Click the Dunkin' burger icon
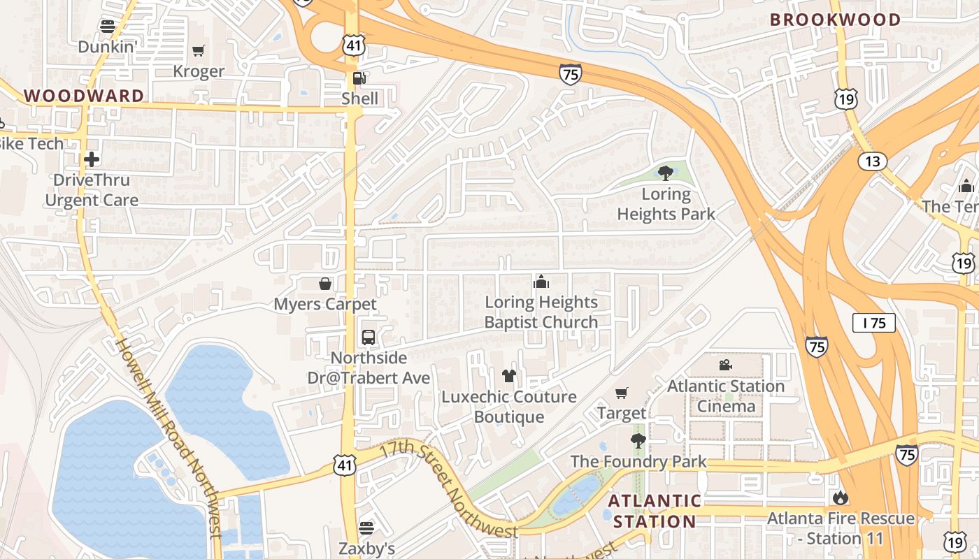[x=107, y=27]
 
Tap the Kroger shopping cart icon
[x=199, y=50]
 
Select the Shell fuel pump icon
[x=359, y=78]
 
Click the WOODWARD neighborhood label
[x=85, y=96]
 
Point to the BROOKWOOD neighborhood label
[x=835, y=20]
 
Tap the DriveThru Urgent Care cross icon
[x=92, y=159]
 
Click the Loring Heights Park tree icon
[x=666, y=173]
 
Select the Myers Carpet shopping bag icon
[x=325, y=284]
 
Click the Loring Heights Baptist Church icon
[x=541, y=282]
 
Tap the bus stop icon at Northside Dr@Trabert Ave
[x=369, y=337]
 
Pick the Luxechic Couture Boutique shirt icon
[x=509, y=376]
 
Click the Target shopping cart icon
[x=622, y=393]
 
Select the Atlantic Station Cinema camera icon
[x=725, y=365]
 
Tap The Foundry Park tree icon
[x=638, y=440]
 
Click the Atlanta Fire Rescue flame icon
[x=841, y=498]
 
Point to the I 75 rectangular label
[x=874, y=323]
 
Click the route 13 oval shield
[x=872, y=162]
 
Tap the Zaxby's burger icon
[x=367, y=528]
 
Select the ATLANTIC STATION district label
[x=654, y=511]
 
